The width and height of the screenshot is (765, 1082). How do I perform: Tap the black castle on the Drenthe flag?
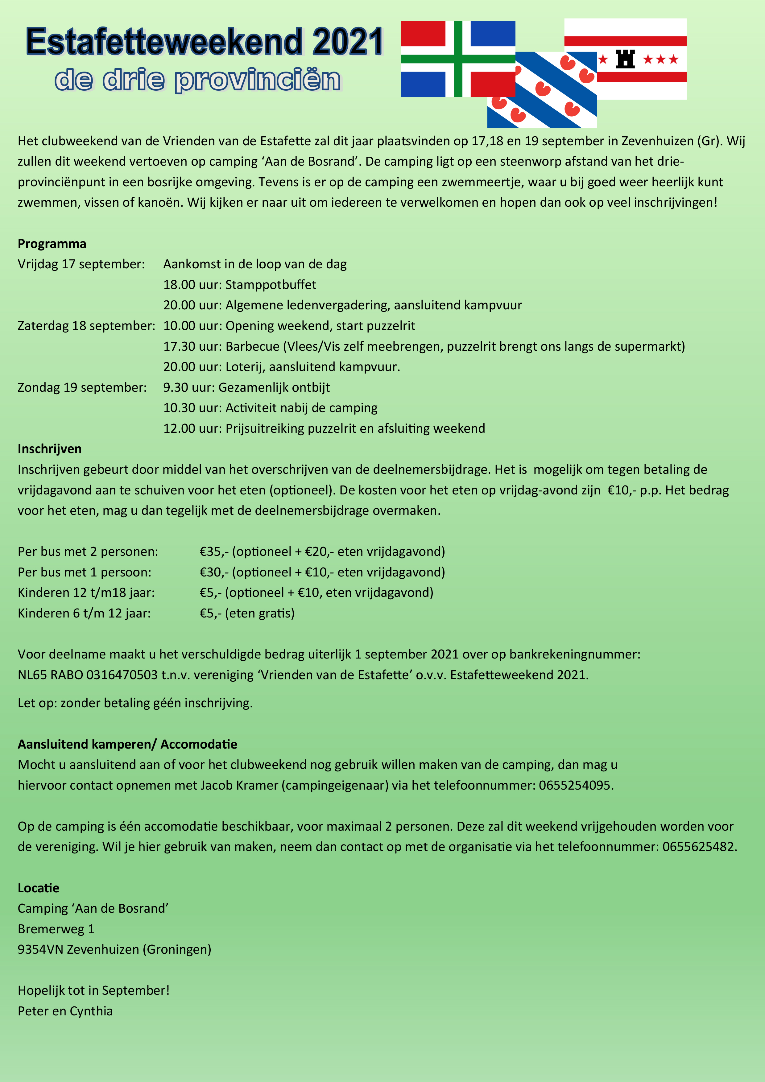click(x=626, y=59)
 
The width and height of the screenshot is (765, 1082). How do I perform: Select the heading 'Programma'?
click(x=52, y=244)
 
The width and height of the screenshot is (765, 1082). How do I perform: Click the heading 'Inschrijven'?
click(x=49, y=449)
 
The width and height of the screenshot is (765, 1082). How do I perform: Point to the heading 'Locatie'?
click(x=38, y=888)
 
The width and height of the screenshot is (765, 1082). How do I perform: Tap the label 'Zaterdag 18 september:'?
click(x=86, y=326)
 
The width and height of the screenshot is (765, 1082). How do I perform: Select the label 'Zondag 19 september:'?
click(x=82, y=387)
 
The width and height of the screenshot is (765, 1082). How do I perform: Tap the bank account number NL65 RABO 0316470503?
click(x=88, y=675)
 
